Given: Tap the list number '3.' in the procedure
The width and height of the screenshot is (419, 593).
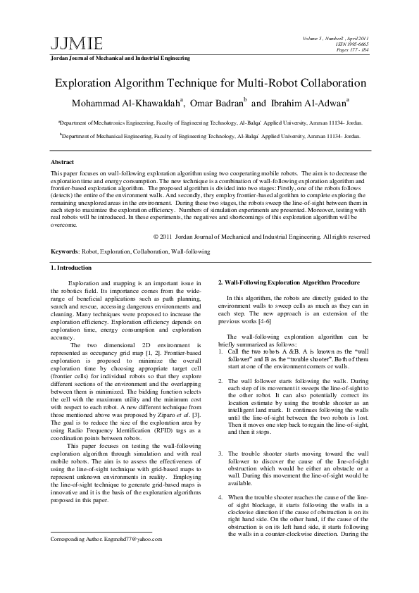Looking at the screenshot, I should [220, 454].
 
